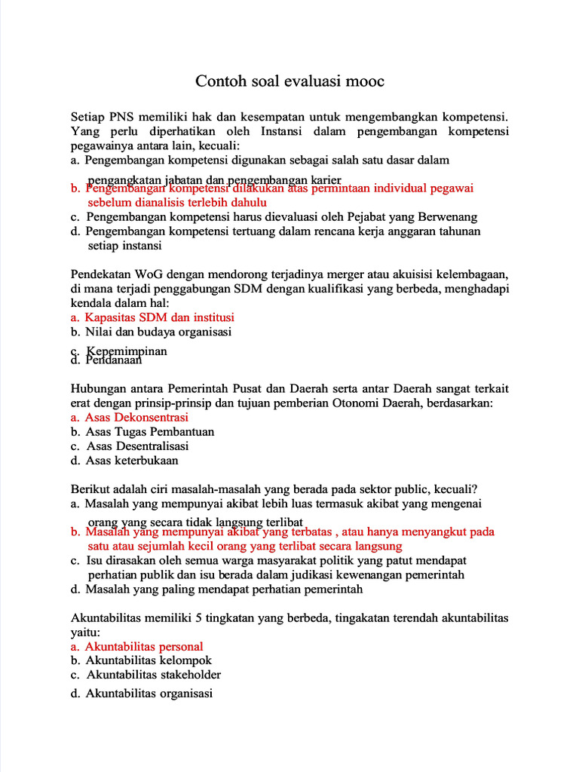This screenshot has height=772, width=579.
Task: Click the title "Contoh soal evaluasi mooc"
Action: pyautogui.click(x=289, y=81)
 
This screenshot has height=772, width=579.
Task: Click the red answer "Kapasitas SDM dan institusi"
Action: pyautogui.click(x=159, y=317)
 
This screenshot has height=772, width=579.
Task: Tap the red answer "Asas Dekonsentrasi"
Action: pyautogui.click(x=136, y=417)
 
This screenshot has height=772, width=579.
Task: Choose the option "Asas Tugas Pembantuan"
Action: pyautogui.click(x=149, y=431)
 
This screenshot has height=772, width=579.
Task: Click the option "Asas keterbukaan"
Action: pyautogui.click(x=132, y=460)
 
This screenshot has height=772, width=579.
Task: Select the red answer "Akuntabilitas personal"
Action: pyautogui.click(x=143, y=646)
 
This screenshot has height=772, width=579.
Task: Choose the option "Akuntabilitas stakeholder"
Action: pyautogui.click(x=153, y=675)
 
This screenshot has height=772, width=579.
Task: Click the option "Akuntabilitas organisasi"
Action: pyautogui.click(x=149, y=694)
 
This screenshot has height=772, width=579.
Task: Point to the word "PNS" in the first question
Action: pyautogui.click(x=121, y=117)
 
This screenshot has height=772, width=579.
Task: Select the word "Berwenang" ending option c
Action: pyautogui.click(x=451, y=216)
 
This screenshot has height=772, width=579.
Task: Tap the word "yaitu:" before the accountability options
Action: pyautogui.click(x=85, y=632)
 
